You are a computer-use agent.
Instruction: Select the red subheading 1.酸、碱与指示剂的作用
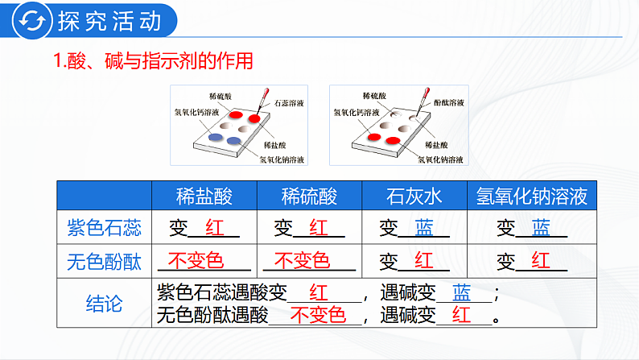pos(153,62)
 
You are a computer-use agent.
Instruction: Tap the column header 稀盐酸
pos(204,196)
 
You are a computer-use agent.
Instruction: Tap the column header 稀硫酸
pos(309,196)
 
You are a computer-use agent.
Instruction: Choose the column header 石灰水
pos(414,196)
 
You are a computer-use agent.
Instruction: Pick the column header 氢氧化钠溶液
pos(532,196)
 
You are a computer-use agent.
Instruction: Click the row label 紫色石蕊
pos(105,228)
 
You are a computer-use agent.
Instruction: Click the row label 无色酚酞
pos(105,261)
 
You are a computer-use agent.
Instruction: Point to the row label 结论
pos(105,303)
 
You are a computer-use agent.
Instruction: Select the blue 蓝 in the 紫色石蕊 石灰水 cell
pos(424,228)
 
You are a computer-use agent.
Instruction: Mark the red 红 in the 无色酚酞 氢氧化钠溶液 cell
pos(540,261)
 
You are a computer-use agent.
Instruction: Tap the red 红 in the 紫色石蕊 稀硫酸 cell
pos(319,228)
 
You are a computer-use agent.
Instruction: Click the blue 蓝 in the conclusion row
pos(462,292)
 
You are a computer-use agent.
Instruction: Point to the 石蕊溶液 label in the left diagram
pos(289,104)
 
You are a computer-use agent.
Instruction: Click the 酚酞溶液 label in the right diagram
pos(448,104)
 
